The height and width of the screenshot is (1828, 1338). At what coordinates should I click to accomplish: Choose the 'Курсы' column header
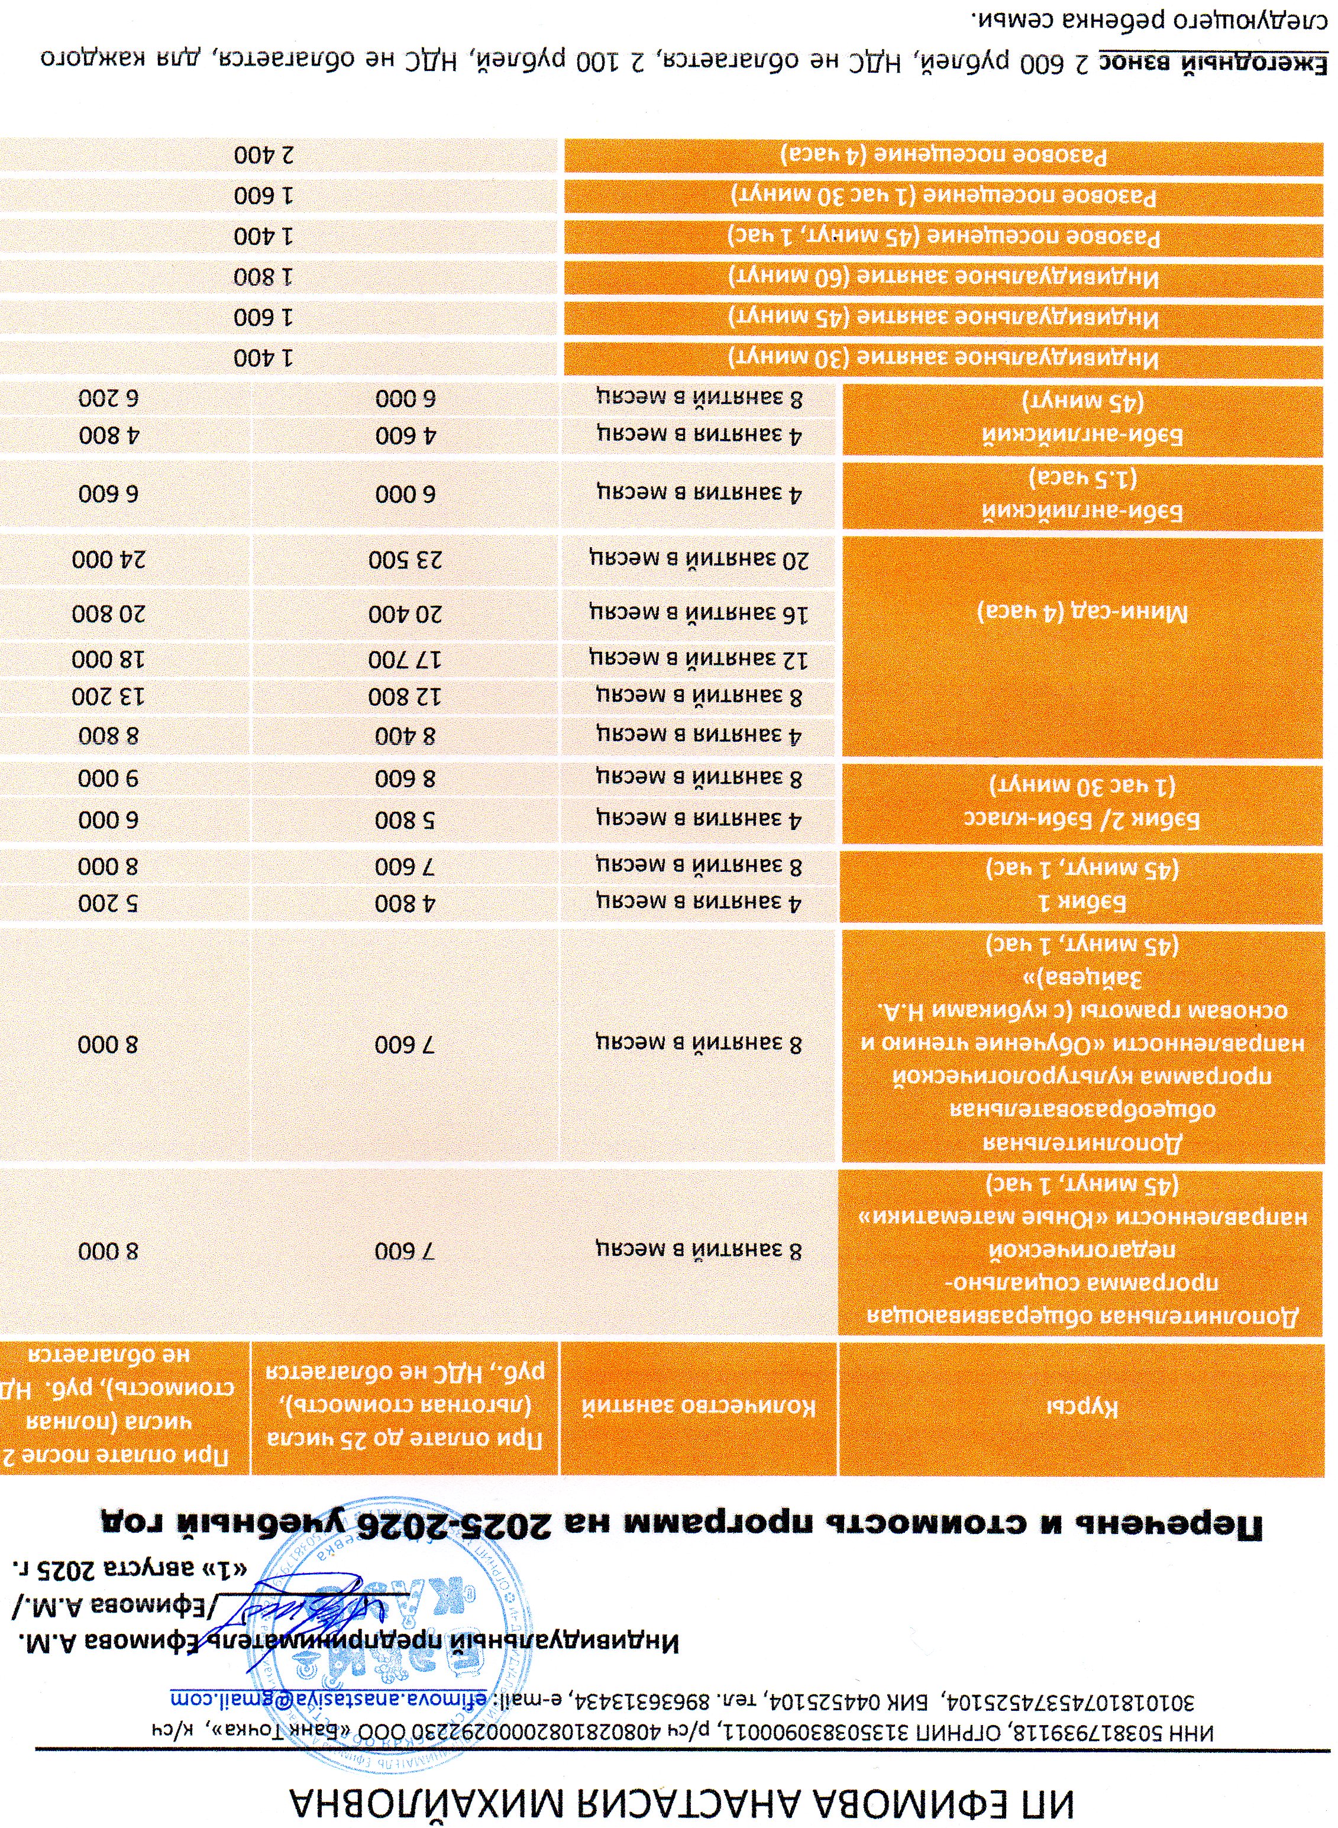pyautogui.click(x=1082, y=1407)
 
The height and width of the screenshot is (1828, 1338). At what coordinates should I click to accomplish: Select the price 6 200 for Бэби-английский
pyautogui.click(x=109, y=399)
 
